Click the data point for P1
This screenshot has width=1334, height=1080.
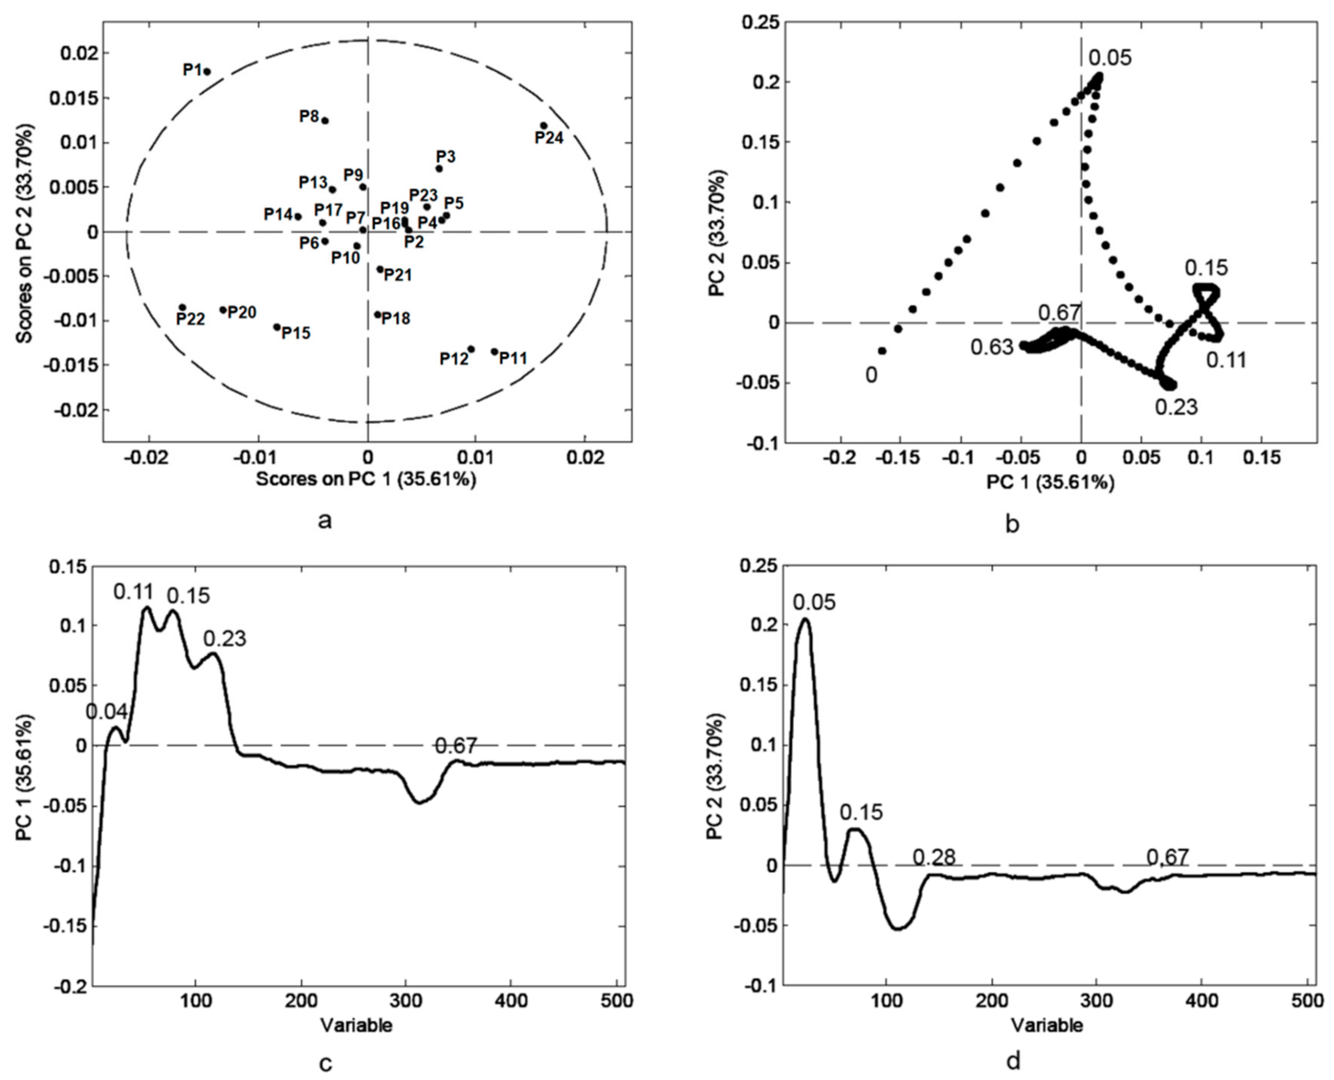coord(207,71)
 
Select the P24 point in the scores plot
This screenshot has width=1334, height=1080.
coord(543,126)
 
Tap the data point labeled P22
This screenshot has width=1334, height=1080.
coord(182,307)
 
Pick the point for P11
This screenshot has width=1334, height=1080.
coord(495,352)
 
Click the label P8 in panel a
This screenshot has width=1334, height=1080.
coord(309,116)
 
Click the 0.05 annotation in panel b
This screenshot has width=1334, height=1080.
coord(1110,58)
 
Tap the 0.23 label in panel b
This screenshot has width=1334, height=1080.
coord(1177,407)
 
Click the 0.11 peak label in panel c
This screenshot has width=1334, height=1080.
coord(134,592)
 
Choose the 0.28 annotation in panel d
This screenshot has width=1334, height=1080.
coord(934,858)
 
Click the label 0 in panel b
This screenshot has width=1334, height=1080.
coord(872,376)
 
